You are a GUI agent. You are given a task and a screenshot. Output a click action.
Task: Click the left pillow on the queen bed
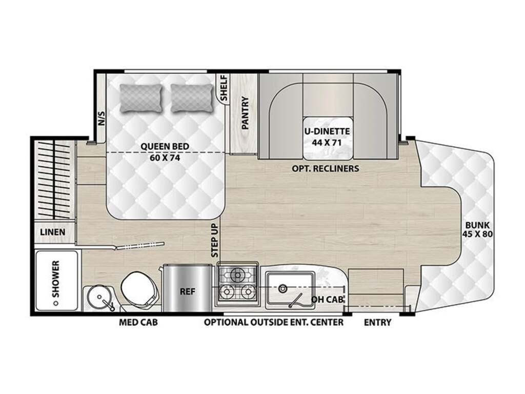[141, 98]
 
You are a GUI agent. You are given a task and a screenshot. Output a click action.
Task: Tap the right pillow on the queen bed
[192, 98]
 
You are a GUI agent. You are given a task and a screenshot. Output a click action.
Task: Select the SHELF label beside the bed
[224, 88]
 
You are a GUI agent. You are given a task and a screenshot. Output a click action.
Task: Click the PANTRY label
[246, 113]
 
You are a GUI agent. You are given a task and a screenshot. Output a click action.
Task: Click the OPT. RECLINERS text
[325, 168]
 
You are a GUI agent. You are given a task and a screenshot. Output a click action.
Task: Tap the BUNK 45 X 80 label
[477, 229]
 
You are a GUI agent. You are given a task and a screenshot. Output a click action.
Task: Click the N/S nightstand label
[101, 119]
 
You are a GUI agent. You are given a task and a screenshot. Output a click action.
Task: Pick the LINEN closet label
[53, 232]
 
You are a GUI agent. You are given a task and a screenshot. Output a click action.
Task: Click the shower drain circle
[56, 303]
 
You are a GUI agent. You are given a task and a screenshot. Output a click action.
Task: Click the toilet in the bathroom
[139, 288]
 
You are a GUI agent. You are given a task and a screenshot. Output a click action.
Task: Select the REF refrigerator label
[188, 291]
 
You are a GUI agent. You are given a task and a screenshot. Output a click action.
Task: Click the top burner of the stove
[238, 275]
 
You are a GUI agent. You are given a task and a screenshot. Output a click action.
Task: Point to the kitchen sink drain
[283, 287]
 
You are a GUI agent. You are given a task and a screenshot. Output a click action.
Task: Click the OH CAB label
[328, 300]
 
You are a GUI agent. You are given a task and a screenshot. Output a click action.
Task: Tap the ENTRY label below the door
[377, 322]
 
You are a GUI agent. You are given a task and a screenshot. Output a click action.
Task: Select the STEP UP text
[215, 241]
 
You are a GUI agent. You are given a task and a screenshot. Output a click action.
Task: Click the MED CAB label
[138, 322]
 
